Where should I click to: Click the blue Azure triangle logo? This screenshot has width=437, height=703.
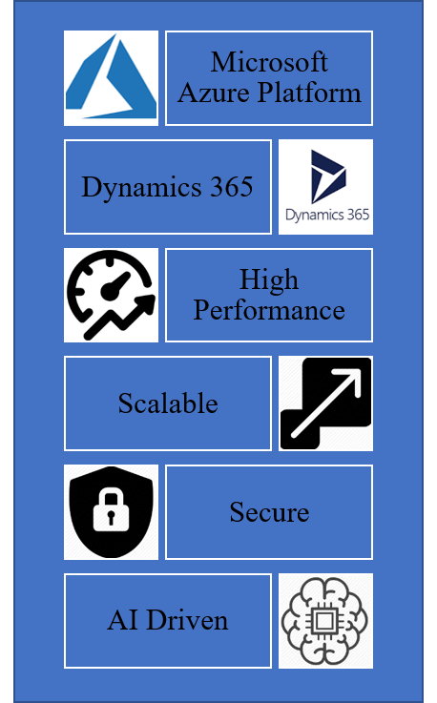(x=111, y=78)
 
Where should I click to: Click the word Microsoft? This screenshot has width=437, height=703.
(x=269, y=62)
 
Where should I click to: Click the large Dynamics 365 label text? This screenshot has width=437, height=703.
(x=167, y=187)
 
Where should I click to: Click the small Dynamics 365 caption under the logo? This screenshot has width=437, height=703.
(x=327, y=215)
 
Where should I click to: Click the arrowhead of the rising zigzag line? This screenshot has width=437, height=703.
(x=145, y=305)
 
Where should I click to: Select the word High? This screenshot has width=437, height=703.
(x=269, y=279)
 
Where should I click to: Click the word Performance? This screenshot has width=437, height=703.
(x=269, y=310)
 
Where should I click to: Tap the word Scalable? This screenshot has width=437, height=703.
(x=168, y=403)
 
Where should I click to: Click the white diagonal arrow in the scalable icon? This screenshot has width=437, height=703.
(x=326, y=403)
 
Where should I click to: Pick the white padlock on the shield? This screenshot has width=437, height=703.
(x=112, y=509)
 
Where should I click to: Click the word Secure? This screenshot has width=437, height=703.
(x=269, y=512)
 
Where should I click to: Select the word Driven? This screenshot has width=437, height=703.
(x=187, y=621)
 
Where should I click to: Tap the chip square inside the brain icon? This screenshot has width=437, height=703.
(x=324, y=621)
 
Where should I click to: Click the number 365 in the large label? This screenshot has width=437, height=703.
(x=232, y=187)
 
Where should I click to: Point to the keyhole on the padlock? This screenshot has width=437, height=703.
(x=111, y=516)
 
